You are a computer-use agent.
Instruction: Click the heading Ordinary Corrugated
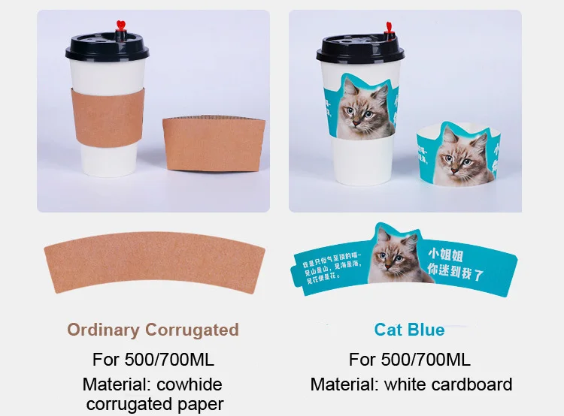point(153,330)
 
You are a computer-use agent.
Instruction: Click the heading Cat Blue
point(409,330)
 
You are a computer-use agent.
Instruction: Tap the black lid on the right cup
point(359,48)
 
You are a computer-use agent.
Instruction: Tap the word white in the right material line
point(405,385)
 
